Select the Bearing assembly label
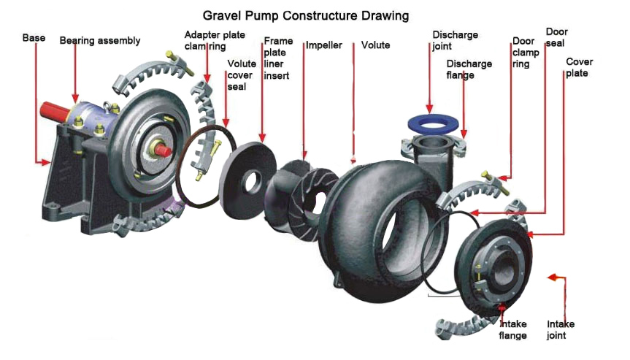100,40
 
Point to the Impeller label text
324,45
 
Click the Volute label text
375,45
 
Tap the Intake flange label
512,330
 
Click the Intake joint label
561,330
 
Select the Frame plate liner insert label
278,58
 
